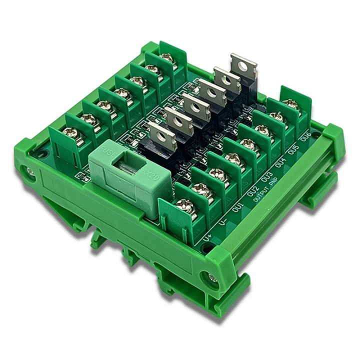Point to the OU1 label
[238, 205]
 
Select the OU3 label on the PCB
[266, 177]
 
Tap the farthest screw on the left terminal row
[167, 58]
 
